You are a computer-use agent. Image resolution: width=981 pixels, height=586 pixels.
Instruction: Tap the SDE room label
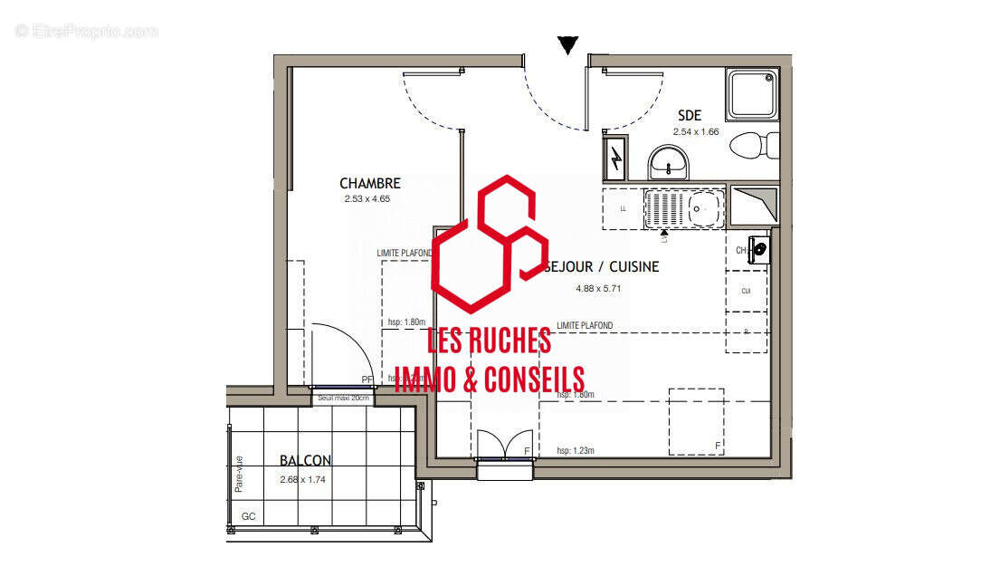coord(690,116)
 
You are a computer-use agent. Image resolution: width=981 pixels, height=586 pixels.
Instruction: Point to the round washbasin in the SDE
coord(669,164)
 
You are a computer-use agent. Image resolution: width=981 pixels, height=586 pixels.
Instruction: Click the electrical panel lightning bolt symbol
coord(616,160)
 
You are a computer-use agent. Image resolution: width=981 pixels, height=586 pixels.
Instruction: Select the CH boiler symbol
coord(758,248)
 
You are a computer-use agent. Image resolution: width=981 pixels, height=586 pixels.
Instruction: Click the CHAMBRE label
coord(370,184)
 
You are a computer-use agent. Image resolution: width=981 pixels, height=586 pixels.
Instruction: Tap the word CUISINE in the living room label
coord(634,267)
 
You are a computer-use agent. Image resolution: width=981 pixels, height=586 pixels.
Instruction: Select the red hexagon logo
coord(490,242)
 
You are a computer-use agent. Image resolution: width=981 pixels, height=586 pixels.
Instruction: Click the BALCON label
coord(305,460)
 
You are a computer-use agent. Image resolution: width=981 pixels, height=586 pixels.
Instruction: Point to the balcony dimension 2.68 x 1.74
coord(304,479)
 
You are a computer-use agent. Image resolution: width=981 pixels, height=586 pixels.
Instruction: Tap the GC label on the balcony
coord(248,517)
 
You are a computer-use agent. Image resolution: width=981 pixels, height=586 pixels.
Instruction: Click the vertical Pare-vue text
coord(240,472)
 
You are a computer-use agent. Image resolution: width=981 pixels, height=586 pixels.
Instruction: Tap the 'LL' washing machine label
coord(623,209)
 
